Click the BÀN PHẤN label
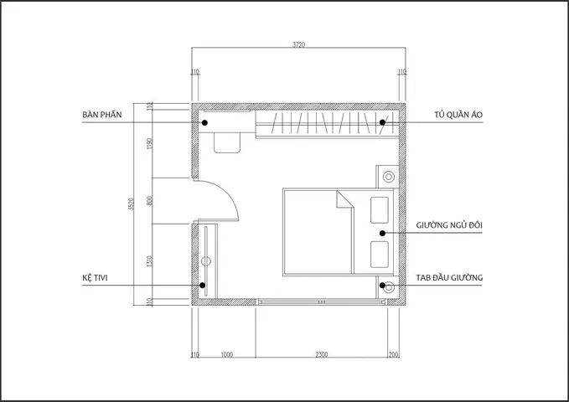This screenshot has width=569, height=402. pyautogui.click(x=102, y=115)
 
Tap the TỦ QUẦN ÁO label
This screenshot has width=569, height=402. pyautogui.click(x=458, y=115)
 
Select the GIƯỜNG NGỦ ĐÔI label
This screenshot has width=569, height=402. pyautogui.click(x=449, y=225)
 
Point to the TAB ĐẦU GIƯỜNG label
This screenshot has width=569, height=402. pyautogui.click(x=449, y=277)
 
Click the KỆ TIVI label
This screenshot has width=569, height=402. pyautogui.click(x=95, y=278)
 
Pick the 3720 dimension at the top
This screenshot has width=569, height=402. pyautogui.click(x=298, y=44)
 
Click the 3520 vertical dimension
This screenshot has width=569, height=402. pyautogui.click(x=132, y=204)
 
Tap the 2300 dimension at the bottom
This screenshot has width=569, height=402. pyautogui.click(x=322, y=354)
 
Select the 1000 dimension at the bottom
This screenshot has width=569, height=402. pyautogui.click(x=227, y=354)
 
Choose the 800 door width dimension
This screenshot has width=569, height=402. pyautogui.click(x=149, y=201)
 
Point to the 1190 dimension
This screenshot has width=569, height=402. pyautogui.click(x=149, y=144)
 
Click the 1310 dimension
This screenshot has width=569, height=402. pyautogui.click(x=149, y=261)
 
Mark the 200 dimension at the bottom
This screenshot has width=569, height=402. pyautogui.click(x=393, y=354)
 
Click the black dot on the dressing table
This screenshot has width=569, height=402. pyautogui.click(x=204, y=122)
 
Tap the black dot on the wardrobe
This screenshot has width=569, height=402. pyautogui.click(x=382, y=122)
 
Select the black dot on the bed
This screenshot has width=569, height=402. pyautogui.click(x=382, y=234)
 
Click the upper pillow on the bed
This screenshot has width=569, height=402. pyautogui.click(x=380, y=210)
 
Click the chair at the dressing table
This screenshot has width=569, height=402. pyautogui.click(x=227, y=143)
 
